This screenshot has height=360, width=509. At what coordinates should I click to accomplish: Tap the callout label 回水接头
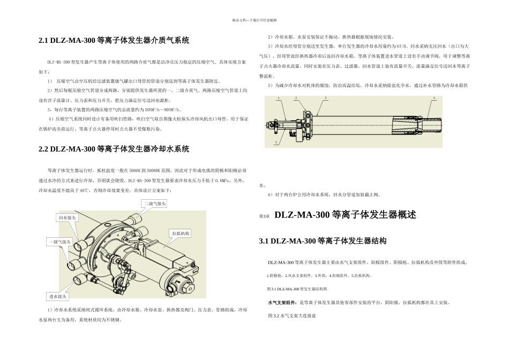[x=68, y=217]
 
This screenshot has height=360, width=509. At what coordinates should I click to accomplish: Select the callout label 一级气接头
[x=59, y=242]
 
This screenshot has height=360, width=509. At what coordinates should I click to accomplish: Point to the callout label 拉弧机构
[x=181, y=234]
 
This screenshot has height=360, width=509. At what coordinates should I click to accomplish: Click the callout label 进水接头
[x=58, y=296]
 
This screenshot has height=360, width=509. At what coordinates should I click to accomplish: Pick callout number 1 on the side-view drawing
[x=278, y=99]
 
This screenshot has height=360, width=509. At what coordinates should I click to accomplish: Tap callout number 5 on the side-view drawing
[x=276, y=142]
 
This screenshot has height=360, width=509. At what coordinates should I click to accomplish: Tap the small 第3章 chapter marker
[x=264, y=216]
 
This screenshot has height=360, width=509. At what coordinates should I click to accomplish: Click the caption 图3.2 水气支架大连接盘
[x=291, y=316]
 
